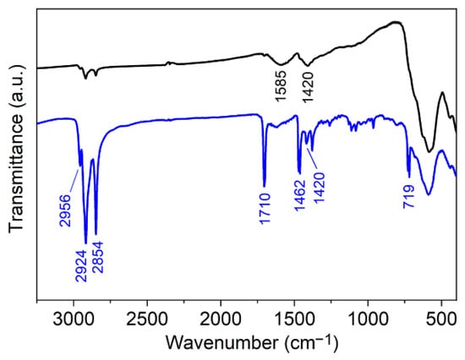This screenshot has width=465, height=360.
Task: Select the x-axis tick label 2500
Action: (147, 321)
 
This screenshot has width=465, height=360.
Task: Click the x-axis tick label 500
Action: (441, 321)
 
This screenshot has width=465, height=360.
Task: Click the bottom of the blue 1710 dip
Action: (265, 185)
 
